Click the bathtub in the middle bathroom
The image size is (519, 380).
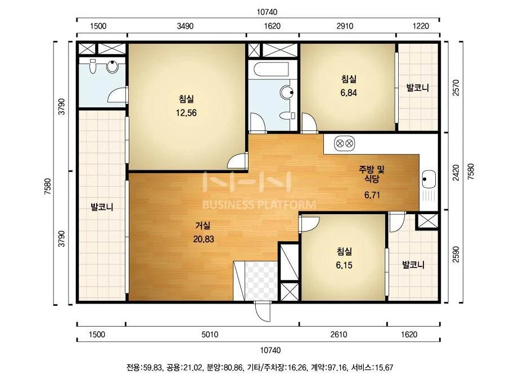click(x=271, y=70)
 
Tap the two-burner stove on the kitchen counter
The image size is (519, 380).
click(x=344, y=144)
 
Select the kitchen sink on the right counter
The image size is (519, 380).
click(x=429, y=180)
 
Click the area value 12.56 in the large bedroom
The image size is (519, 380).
click(x=186, y=113)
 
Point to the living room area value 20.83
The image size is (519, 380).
click(x=204, y=239)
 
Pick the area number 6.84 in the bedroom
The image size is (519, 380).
click(x=349, y=93)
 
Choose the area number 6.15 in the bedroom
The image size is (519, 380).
click(x=344, y=265)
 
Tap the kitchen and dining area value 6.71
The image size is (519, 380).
click(x=372, y=195)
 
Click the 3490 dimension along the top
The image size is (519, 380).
click(x=185, y=26)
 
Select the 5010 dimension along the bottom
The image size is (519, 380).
click(x=210, y=334)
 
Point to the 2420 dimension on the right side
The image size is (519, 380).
click(x=456, y=173)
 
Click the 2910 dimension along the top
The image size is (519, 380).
click(x=345, y=26)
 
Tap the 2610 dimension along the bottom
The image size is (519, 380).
click(x=339, y=334)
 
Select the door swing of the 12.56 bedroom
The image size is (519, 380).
click(x=237, y=160)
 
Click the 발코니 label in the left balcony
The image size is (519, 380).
click(x=102, y=207)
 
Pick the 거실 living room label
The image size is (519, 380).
click(x=203, y=226)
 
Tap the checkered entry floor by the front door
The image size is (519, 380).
click(x=261, y=281)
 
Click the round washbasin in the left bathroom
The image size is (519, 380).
click(x=112, y=66)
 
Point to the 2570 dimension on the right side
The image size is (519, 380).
click(x=456, y=87)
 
